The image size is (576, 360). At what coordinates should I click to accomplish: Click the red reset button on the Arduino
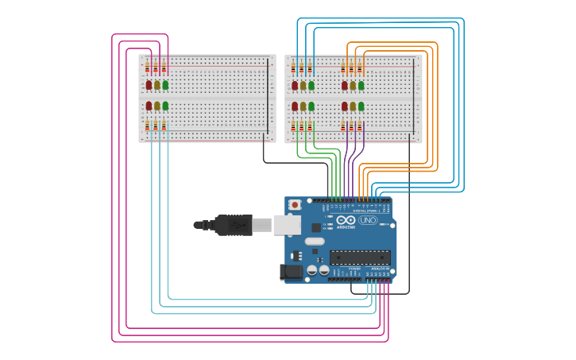click(296, 204)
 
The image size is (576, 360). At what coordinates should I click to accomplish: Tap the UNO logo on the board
click(368, 220)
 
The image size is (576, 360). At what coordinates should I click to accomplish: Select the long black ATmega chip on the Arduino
click(360, 257)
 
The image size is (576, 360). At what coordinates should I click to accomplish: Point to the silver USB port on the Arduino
click(287, 225)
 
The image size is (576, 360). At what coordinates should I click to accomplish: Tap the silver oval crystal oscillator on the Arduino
click(315, 241)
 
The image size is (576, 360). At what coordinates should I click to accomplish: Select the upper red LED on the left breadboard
click(149, 85)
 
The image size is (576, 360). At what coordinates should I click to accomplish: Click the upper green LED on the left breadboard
click(165, 85)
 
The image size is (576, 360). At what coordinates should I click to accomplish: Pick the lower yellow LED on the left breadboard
click(157, 106)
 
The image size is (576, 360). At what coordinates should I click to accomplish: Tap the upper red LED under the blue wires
click(295, 85)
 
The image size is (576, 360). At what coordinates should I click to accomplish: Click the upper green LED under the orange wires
click(361, 85)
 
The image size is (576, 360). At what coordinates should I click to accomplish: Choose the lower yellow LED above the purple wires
click(353, 106)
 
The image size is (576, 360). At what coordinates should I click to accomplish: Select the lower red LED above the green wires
click(295, 106)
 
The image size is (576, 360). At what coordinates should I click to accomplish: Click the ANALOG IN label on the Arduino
click(379, 269)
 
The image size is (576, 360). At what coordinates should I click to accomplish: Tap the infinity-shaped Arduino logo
click(346, 220)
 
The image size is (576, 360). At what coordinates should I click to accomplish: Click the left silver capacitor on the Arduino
click(312, 270)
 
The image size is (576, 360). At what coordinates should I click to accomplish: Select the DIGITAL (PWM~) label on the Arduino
click(367, 210)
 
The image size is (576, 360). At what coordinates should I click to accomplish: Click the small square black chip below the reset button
click(315, 227)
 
